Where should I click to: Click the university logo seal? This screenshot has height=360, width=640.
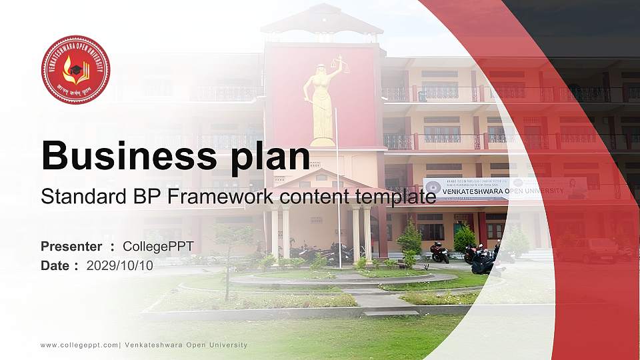[75, 70]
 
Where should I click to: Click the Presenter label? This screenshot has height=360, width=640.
[71, 247]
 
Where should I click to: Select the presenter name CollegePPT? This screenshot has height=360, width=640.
[158, 247]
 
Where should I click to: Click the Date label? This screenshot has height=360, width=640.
[55, 265]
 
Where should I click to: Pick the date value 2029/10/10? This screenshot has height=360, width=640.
[120, 265]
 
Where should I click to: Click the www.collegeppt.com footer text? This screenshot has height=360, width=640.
[79, 345]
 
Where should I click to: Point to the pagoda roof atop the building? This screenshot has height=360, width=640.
[322, 20]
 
